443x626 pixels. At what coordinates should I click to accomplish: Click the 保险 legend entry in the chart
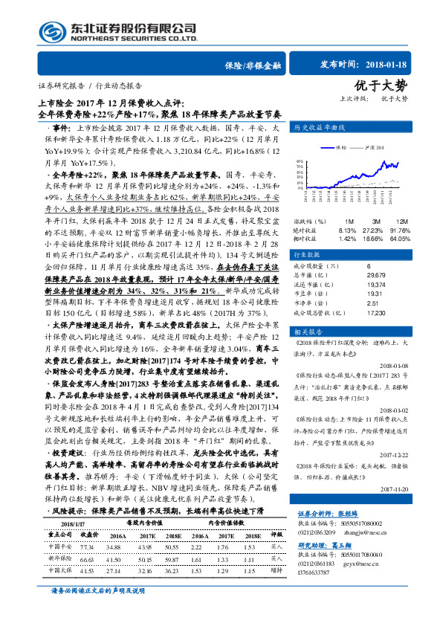tap(352, 149)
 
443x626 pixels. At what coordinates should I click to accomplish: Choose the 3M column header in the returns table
tap(376, 222)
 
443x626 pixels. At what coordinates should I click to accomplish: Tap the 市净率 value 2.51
tap(372, 303)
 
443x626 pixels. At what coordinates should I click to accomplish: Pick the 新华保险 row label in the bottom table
tap(59, 538)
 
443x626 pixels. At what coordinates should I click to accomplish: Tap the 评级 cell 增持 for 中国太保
tap(276, 549)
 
